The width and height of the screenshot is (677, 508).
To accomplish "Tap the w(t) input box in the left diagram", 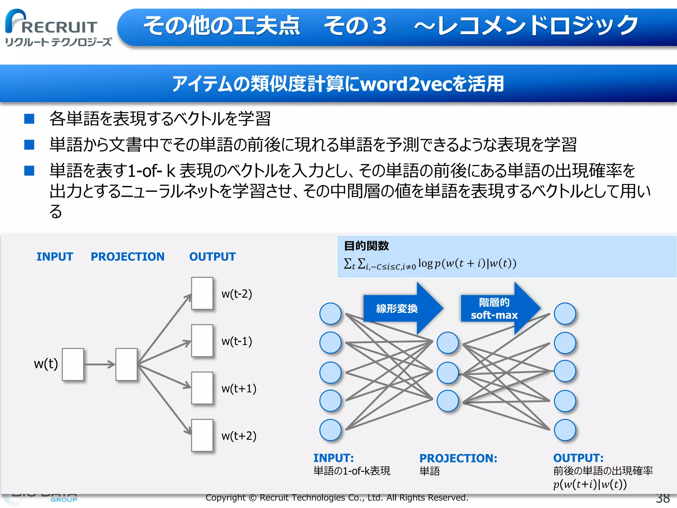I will (x=73, y=364).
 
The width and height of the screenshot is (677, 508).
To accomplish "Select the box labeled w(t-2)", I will (x=202, y=293).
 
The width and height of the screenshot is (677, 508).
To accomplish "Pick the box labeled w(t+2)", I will (x=202, y=435).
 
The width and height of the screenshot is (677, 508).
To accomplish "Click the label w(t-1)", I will (x=237, y=341).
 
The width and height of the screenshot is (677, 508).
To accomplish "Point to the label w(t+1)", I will (x=239, y=388).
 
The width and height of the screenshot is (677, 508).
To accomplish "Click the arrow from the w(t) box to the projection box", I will (x=99, y=364).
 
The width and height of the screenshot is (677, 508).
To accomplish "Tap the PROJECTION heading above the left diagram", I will (x=127, y=257).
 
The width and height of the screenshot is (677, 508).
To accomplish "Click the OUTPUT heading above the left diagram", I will (x=212, y=257).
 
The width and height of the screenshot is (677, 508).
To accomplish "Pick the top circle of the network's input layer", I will (x=330, y=314).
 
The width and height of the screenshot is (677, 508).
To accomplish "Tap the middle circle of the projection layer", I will (x=448, y=373).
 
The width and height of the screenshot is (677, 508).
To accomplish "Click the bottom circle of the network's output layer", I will (x=565, y=430).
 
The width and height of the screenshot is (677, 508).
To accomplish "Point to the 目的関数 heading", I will (x=366, y=246).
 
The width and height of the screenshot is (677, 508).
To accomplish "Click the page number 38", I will (x=662, y=498).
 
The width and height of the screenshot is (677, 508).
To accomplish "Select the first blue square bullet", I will (x=29, y=119).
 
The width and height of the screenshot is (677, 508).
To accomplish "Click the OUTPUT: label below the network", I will (x=578, y=458).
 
